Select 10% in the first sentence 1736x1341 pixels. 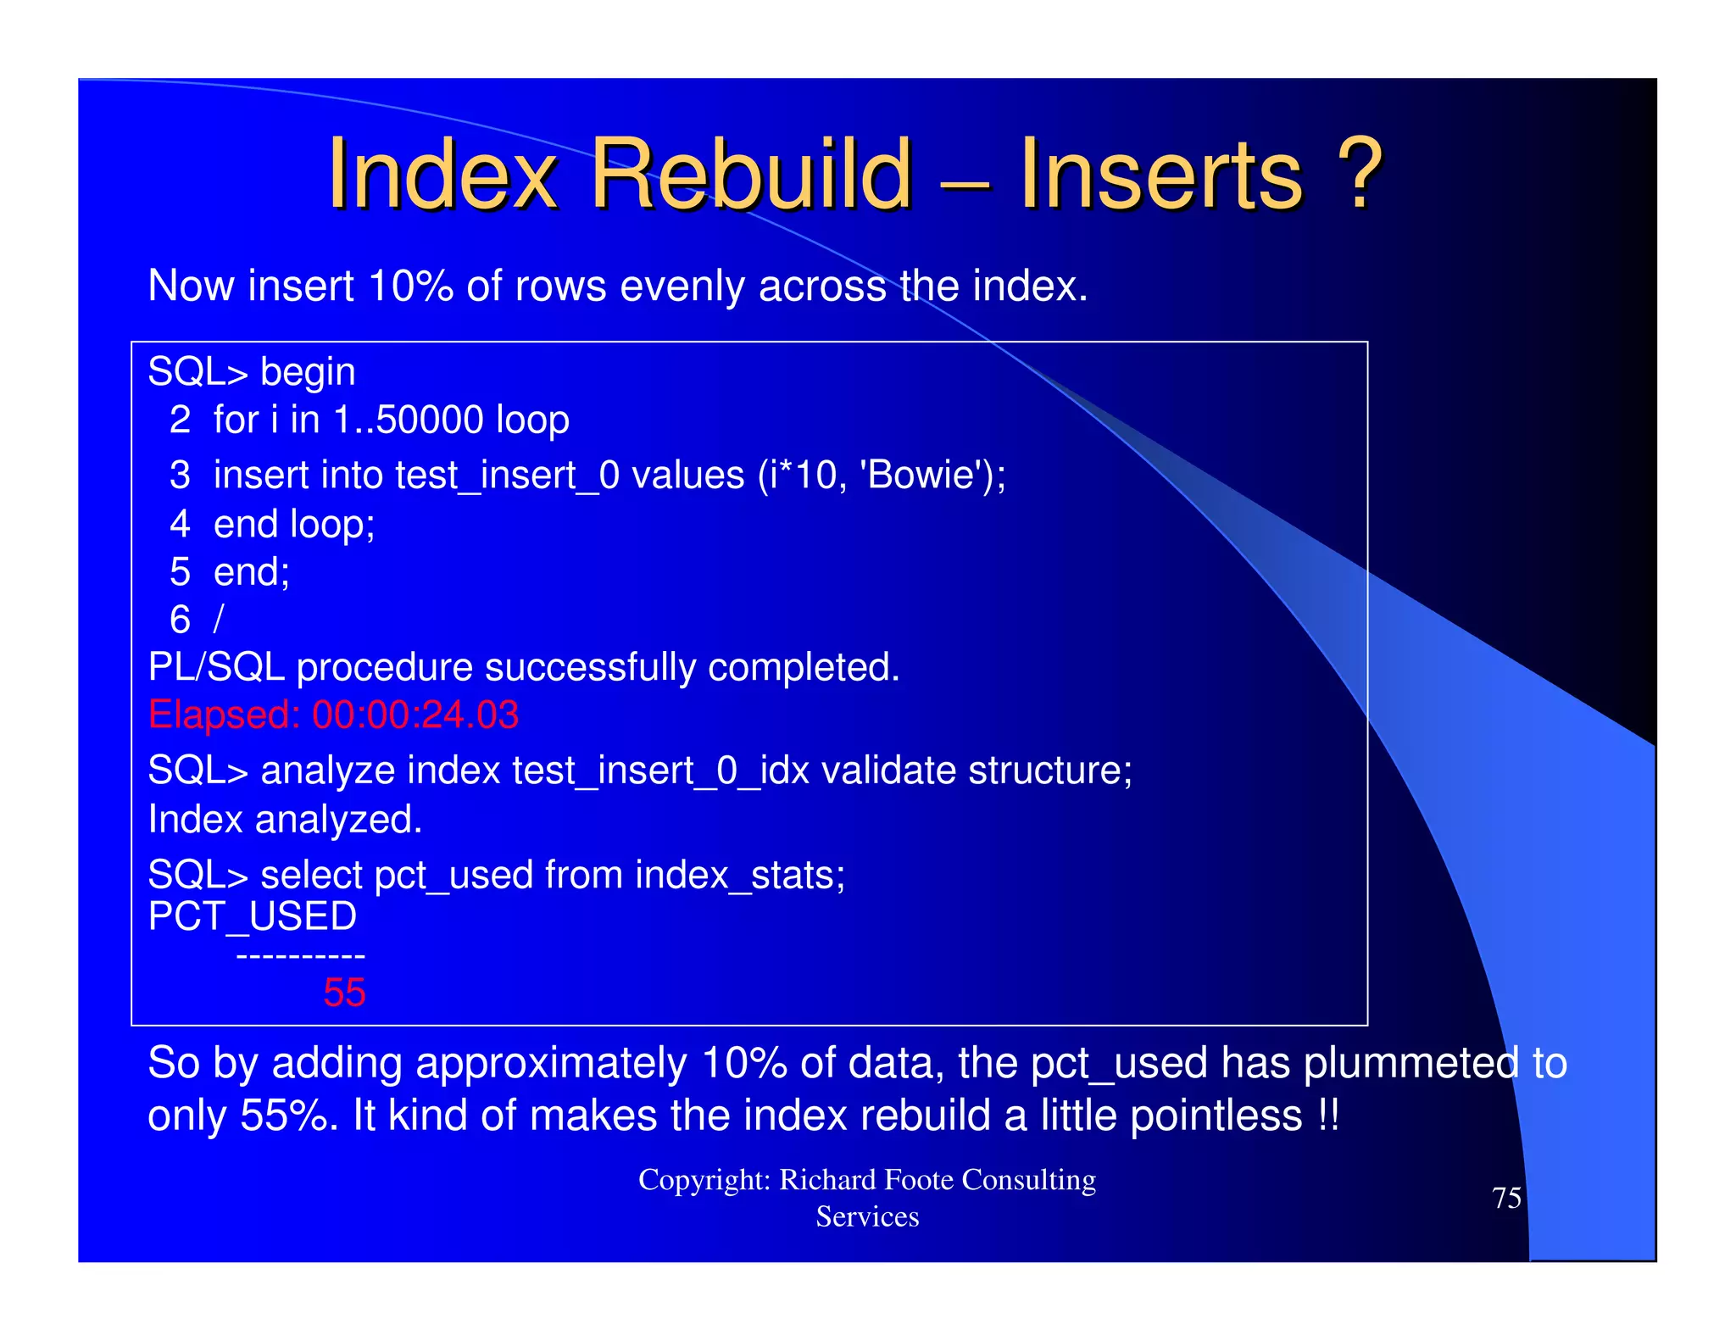(410, 287)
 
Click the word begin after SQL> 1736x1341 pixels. (308, 373)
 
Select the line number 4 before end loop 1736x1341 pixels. (180, 525)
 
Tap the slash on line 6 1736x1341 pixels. (219, 620)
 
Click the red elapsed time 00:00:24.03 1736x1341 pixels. (415, 715)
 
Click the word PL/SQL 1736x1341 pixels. (216, 668)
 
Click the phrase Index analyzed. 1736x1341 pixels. (285, 820)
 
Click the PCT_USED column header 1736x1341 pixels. (253, 917)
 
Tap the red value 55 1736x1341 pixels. (344, 993)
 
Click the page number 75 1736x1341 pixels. (1506, 1199)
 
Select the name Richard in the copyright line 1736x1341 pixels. (826, 1180)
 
